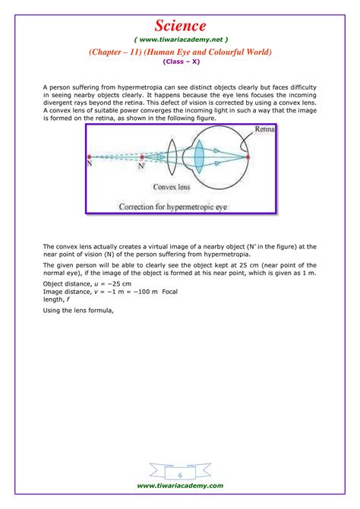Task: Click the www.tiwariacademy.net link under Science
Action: pyautogui.click(x=179, y=40)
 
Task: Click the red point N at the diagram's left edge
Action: pyautogui.click(x=89, y=157)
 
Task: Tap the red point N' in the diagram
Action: pyautogui.click(x=142, y=157)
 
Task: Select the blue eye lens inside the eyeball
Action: pyautogui.click(x=199, y=157)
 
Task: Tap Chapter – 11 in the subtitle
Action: pyautogui.click(x=118, y=52)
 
